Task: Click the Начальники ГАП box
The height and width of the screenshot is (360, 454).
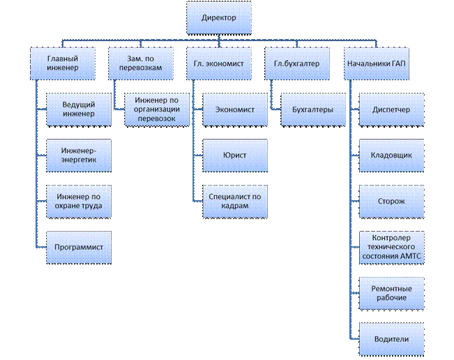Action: pos(377,63)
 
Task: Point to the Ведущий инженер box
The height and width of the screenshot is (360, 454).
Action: pos(78,110)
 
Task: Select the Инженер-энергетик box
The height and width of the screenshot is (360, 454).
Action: pos(78,156)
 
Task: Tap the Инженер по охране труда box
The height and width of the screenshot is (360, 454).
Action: pos(78,202)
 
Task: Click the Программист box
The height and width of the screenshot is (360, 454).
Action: pos(78,247)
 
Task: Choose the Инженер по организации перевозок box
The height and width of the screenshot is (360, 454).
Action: pos(156,110)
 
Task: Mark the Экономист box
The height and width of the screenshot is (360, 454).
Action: pos(234,110)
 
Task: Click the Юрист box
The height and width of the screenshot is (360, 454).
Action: pos(234,156)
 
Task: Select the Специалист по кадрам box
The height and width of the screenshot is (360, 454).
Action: pos(234,202)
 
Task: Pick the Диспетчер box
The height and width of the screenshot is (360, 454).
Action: pos(391,110)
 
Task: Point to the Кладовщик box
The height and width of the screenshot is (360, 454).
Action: pos(391,156)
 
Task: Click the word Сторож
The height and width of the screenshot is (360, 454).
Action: pos(391,202)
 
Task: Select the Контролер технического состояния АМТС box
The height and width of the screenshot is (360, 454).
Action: pos(391,247)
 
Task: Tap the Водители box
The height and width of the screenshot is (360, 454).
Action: pos(391,339)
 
